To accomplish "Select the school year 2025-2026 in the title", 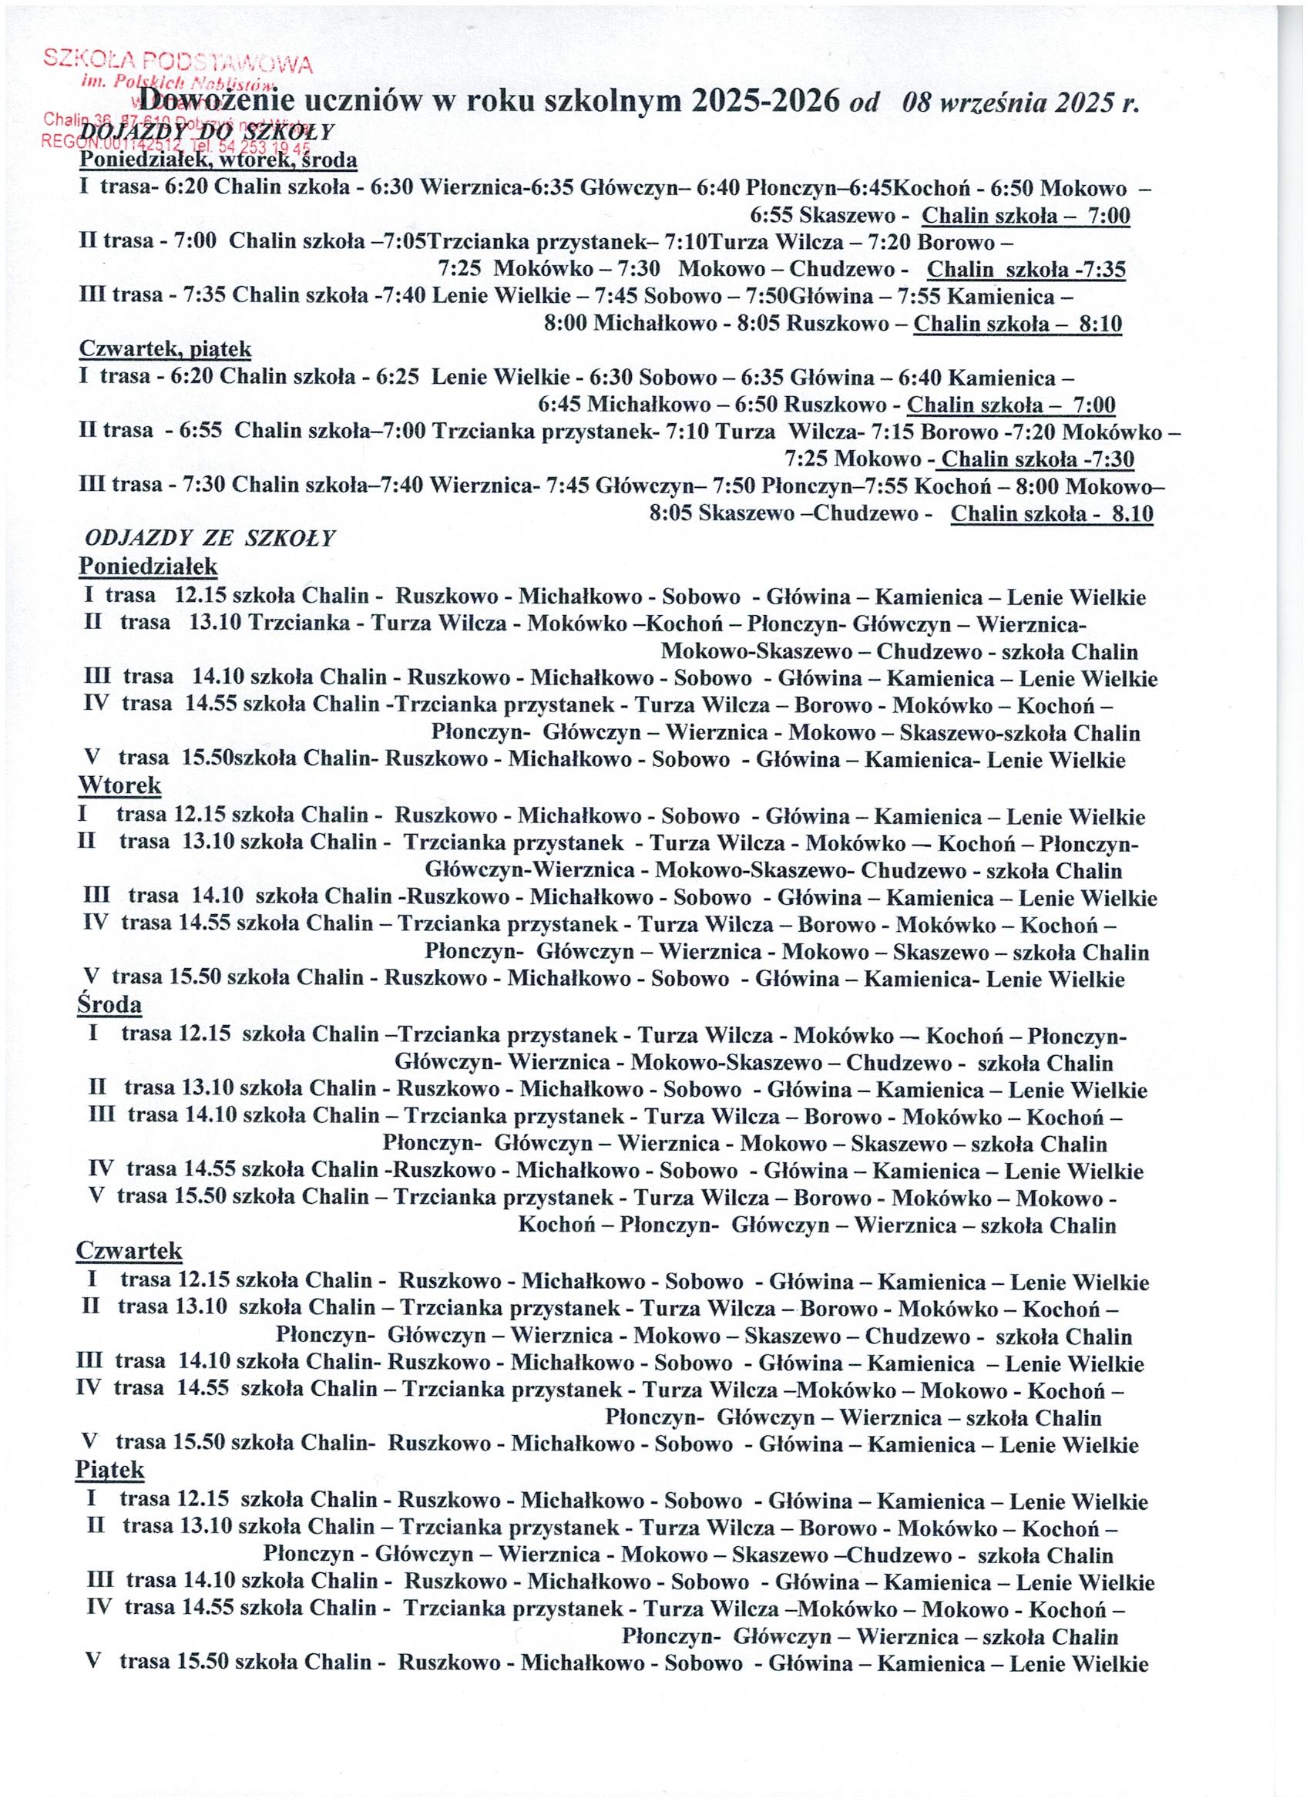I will pos(765,102).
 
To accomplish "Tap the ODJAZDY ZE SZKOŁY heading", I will pos(210,538).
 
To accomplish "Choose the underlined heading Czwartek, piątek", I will pos(165,349).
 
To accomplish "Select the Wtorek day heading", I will pos(119,786).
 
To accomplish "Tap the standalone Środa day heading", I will pos(109,1005).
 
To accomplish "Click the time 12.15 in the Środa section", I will pos(204,1034).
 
